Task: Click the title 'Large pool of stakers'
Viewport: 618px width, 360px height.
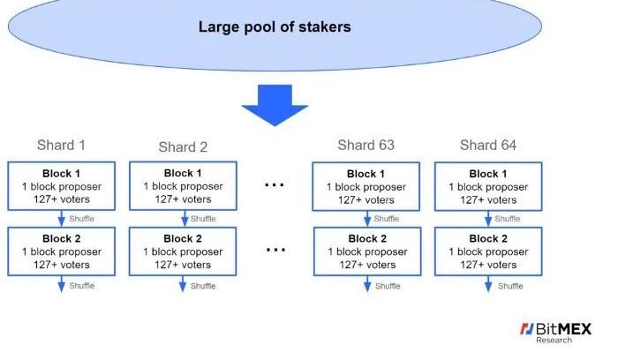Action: (274, 26)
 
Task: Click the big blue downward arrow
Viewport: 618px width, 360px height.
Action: (275, 103)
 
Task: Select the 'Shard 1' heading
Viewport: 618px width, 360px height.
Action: (61, 145)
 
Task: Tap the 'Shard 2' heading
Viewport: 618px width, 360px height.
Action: (183, 146)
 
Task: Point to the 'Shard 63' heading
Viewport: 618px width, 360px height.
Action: (366, 145)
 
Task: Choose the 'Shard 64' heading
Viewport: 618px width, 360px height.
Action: (488, 145)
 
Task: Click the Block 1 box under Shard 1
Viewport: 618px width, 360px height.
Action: (61, 186)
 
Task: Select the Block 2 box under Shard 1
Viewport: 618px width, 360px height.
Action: (61, 251)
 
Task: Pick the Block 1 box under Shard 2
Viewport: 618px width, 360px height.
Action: (183, 186)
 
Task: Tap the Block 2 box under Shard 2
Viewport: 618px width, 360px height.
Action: (183, 251)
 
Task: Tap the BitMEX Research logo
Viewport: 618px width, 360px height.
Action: (555, 333)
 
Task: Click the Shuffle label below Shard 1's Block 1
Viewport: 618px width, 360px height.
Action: (81, 219)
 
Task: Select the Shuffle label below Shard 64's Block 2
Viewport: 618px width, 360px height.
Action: (510, 286)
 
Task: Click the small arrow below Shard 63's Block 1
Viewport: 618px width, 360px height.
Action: (366, 219)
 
